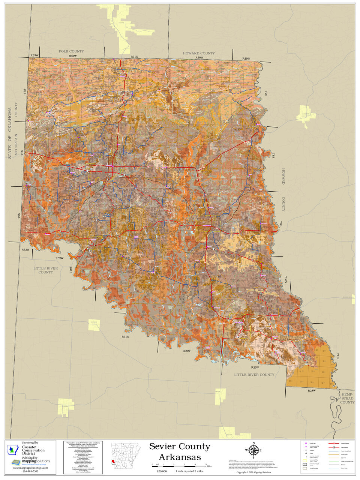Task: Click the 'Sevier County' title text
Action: (180, 446)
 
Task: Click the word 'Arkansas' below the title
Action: (180, 457)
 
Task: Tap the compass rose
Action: (253, 450)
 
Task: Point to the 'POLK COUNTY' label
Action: (71, 51)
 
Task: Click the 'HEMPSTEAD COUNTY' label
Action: (348, 398)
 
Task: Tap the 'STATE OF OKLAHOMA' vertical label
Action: (10, 133)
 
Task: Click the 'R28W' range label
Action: (312, 391)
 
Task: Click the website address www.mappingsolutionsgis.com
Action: (30, 468)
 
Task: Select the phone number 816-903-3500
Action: (30, 471)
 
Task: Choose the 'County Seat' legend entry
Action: (313, 443)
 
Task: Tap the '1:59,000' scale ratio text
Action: (162, 471)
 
